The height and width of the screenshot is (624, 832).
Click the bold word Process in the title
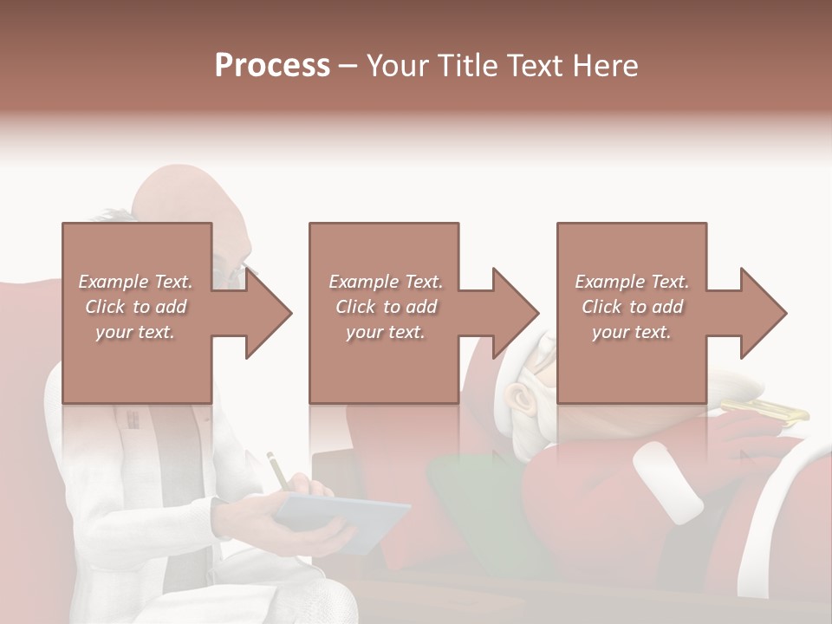tap(272, 66)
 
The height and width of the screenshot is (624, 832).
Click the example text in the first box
tap(136, 307)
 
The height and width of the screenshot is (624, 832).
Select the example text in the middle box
tap(385, 307)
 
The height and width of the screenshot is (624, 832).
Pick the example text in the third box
tap(632, 307)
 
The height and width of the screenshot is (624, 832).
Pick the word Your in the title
tap(395, 66)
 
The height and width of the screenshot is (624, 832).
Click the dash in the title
tap(348, 66)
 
